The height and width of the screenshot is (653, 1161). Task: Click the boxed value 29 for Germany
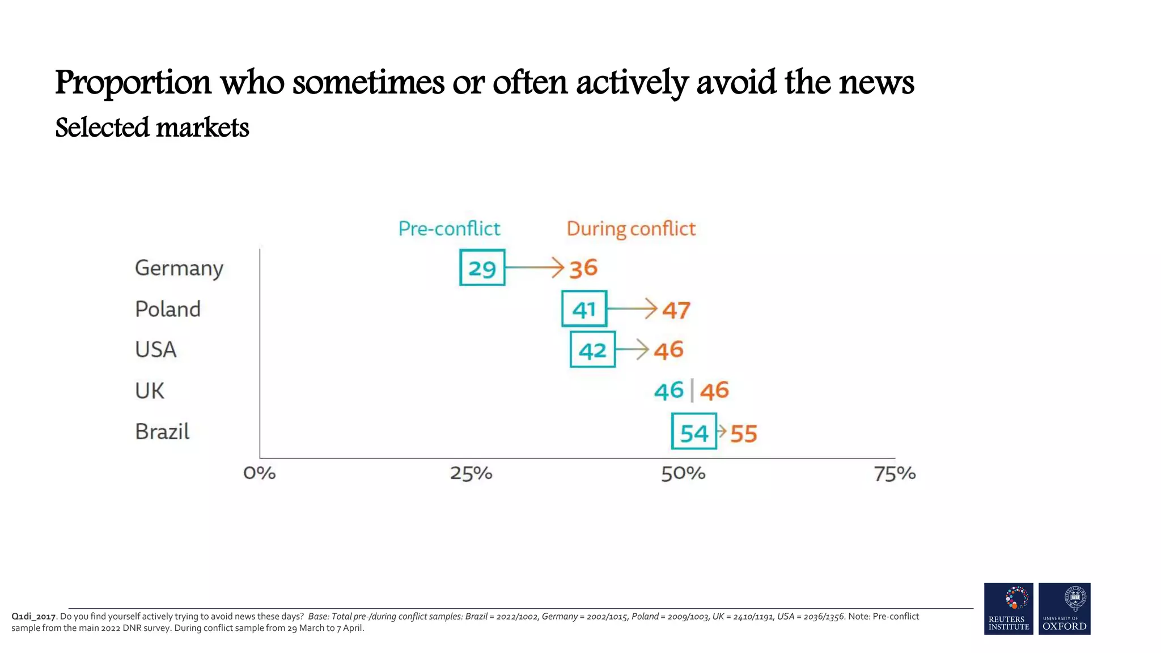[x=482, y=268]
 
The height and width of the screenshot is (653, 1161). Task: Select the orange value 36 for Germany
[x=583, y=268]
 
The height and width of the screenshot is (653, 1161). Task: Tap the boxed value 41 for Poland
[x=584, y=309]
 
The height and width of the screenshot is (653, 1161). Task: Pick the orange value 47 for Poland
[x=676, y=310]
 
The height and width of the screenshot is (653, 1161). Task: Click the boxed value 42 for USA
[x=592, y=350]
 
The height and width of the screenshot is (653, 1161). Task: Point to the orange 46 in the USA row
[x=669, y=350]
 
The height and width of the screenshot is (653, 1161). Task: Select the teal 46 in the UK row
[x=669, y=391]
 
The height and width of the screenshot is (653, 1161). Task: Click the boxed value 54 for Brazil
[x=694, y=432]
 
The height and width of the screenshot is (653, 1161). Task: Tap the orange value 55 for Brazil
[x=744, y=434]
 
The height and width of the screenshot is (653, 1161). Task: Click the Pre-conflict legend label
[x=449, y=228]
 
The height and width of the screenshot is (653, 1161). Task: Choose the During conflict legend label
[x=631, y=228]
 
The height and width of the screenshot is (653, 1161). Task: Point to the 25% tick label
[x=471, y=473]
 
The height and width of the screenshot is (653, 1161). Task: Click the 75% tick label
[x=895, y=473]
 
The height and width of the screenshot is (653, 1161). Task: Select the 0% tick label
[x=260, y=473]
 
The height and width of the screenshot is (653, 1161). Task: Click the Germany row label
[x=179, y=268]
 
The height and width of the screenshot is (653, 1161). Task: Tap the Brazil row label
[x=162, y=432]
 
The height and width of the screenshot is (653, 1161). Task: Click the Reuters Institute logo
[x=1009, y=608]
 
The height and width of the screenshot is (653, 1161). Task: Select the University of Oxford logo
[x=1064, y=608]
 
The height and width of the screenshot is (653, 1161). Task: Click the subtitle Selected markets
[x=152, y=128]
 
